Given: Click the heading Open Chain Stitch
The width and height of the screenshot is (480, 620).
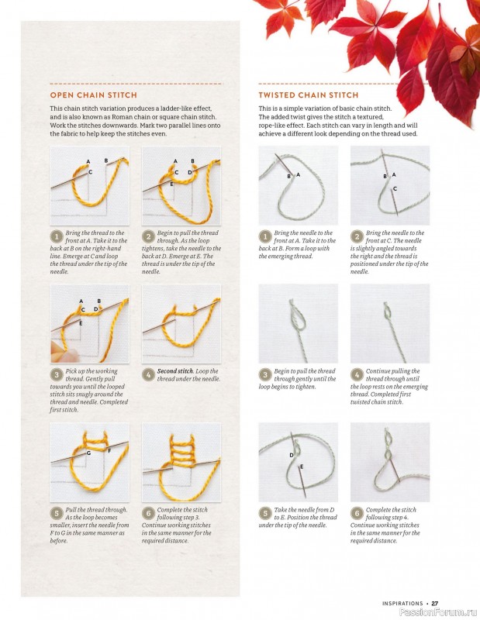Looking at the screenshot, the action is pyautogui.click(x=93, y=95).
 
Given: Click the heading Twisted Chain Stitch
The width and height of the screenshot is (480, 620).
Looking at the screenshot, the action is pyautogui.click(x=309, y=95).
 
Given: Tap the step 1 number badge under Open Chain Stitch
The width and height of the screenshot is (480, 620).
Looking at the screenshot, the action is pyautogui.click(x=57, y=236).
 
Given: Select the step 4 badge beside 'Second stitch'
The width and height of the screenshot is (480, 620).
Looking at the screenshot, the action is pyautogui.click(x=148, y=374).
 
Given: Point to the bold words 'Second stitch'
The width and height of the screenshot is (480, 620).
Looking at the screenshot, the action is pyautogui.click(x=175, y=371).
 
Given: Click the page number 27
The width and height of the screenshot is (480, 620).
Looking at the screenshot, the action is pyautogui.click(x=435, y=603).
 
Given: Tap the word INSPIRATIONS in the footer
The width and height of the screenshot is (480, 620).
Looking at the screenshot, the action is pyautogui.click(x=402, y=604).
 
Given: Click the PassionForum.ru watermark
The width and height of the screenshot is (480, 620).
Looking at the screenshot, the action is pyautogui.click(x=438, y=612).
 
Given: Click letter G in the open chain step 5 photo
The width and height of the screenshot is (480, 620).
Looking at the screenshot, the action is pyautogui.click(x=88, y=453).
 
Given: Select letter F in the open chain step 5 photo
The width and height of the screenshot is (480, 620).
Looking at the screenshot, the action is pyautogui.click(x=109, y=450).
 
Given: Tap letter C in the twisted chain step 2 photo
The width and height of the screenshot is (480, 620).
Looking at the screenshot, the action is pyautogui.click(x=395, y=188).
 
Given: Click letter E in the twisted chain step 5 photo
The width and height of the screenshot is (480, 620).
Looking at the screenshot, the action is pyautogui.click(x=302, y=467).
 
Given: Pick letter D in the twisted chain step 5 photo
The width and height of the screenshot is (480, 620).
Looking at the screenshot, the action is pyautogui.click(x=292, y=455).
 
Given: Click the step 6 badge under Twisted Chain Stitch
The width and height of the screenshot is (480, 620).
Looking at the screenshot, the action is pyautogui.click(x=357, y=513).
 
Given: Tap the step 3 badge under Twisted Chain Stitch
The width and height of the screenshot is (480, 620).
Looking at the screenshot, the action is pyautogui.click(x=265, y=374).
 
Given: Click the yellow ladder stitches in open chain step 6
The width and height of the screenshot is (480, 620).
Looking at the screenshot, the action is pyautogui.click(x=183, y=451).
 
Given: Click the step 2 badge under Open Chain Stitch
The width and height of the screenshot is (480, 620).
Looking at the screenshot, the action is pyautogui.click(x=148, y=236).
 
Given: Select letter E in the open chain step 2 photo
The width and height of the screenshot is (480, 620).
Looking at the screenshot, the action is pyautogui.click(x=171, y=184).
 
